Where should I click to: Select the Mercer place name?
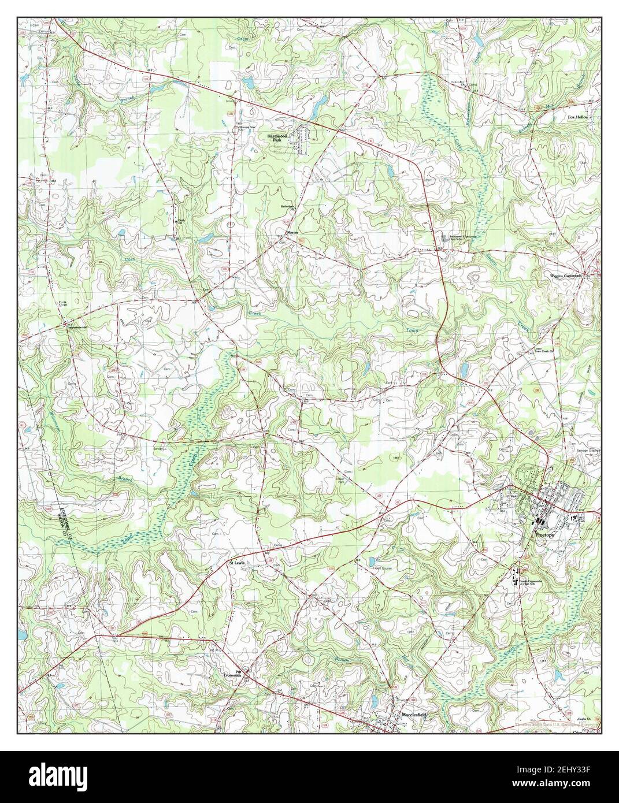[x=292, y=232]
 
